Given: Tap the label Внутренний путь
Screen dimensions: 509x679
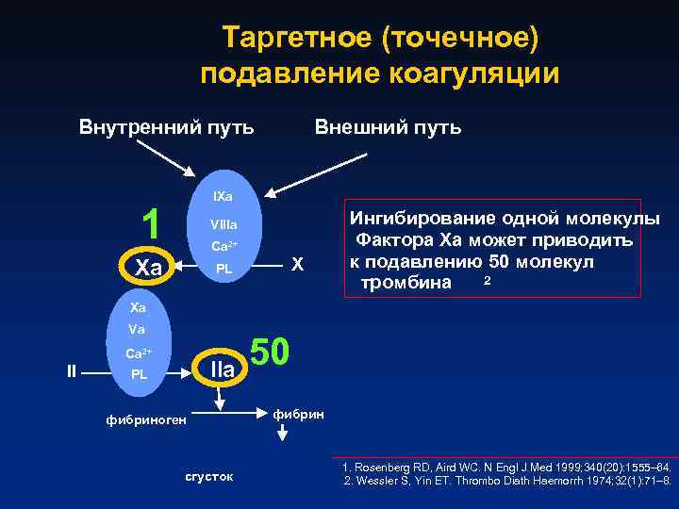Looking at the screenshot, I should pos(165,126).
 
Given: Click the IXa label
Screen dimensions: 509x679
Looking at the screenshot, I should pos(224,196).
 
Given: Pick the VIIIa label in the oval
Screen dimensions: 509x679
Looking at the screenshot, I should pos(224,226).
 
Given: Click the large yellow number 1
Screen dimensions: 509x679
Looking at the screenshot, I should pos(148,222).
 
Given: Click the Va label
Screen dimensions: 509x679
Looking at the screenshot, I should pos(138,331).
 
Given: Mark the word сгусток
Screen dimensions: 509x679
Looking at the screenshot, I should pos(208,477).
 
